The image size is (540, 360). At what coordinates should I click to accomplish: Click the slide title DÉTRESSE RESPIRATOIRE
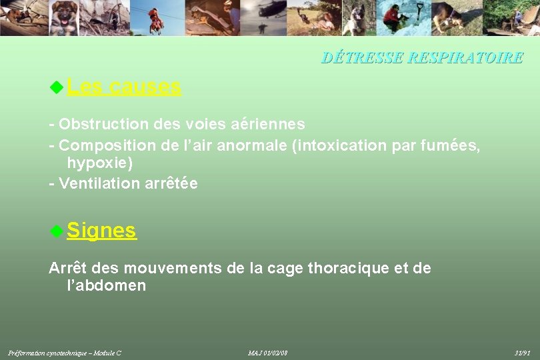[422, 58]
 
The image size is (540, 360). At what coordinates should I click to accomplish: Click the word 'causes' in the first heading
[145, 86]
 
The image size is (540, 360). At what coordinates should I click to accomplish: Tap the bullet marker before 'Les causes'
[57, 86]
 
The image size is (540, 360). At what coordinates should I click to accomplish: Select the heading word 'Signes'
[102, 231]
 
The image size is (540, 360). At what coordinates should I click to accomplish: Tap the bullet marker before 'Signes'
[57, 231]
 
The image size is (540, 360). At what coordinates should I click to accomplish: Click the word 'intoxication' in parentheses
[341, 145]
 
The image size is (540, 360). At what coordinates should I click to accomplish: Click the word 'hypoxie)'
[100, 163]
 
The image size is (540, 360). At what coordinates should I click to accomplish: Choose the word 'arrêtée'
[171, 183]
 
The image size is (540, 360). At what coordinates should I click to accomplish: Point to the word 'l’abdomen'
[107, 286]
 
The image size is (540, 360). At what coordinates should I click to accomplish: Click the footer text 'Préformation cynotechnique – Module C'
[65, 352]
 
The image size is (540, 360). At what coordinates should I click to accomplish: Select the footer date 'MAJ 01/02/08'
[267, 352]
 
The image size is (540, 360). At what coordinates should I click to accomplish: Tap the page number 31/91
[523, 352]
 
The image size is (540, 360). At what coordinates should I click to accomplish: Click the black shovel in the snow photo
[419, 11]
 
